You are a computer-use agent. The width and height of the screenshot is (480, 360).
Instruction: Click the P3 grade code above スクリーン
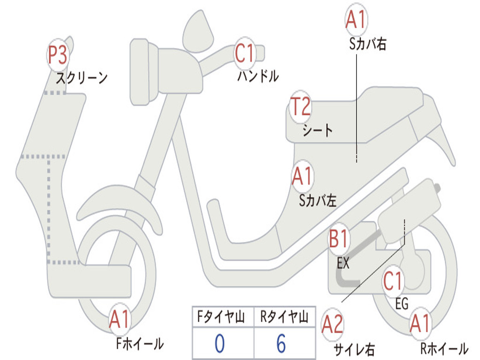coord(58,55)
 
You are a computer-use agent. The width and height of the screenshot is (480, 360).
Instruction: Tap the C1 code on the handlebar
coord(244,53)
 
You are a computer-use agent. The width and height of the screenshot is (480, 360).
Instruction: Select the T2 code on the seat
coord(300,107)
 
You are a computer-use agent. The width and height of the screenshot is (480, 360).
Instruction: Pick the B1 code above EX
coord(338,240)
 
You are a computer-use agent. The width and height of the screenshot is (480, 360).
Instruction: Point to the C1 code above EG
coord(393,281)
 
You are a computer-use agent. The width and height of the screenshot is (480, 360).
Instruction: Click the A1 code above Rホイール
coord(419,324)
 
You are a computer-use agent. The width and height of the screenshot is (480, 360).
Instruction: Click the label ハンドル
coord(258,76)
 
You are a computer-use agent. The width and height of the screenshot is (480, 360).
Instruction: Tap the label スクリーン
coord(82,78)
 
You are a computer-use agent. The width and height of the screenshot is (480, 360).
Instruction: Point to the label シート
coord(317,130)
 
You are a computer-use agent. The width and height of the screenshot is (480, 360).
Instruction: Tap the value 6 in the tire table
coord(281,344)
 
